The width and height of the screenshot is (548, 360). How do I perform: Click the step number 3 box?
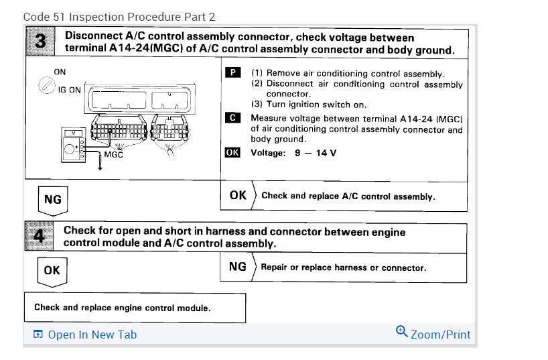[42, 42]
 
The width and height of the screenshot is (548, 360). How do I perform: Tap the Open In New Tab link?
[92, 334]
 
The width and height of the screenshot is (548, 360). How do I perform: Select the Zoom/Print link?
[440, 334]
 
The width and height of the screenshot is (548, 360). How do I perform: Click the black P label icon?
[232, 72]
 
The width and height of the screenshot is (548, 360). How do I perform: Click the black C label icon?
[232, 117]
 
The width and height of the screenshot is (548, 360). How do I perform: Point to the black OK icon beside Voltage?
[232, 152]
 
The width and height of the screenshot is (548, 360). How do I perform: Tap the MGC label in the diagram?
[113, 155]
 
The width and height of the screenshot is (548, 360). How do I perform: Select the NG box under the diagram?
[52, 200]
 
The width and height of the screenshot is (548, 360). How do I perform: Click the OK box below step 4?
[52, 270]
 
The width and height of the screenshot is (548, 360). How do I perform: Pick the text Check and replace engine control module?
[122, 308]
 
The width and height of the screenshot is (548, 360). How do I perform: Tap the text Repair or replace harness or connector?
[343, 267]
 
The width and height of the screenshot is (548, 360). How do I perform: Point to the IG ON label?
[70, 90]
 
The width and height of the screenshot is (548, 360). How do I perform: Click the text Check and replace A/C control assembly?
[348, 196]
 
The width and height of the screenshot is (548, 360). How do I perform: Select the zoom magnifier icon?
[401, 331]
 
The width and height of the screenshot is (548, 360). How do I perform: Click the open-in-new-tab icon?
[38, 335]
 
